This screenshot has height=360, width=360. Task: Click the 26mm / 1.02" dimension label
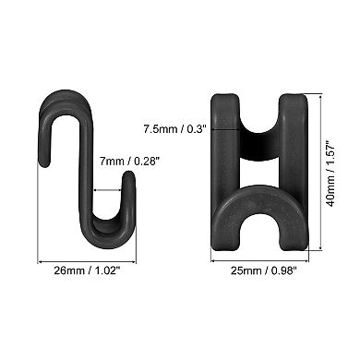coord(87,271)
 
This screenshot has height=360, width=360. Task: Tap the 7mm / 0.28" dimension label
coord(129,162)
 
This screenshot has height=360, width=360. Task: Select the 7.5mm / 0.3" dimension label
coord(174,128)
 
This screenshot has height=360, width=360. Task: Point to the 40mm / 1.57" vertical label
coord(330,174)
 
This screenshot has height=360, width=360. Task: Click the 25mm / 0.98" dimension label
coord(264,271)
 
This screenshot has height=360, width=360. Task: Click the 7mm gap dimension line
coord(108,190)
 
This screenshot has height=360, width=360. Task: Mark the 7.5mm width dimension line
coord(225,129)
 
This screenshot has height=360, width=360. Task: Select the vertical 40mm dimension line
coord(321,173)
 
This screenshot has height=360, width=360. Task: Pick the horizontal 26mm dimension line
coord(87,262)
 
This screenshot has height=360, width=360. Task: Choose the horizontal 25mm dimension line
coord(259,261)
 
